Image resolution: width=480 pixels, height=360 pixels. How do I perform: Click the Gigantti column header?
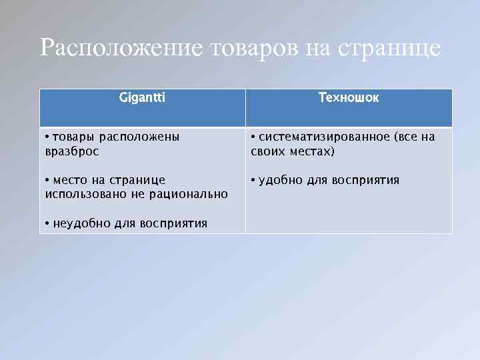(142, 98)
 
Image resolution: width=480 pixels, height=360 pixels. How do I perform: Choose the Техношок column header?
(349, 98)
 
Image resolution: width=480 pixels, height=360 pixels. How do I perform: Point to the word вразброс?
(71, 151)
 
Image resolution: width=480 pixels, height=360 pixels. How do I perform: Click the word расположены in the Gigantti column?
(139, 137)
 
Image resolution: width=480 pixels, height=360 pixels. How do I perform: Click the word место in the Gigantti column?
(70, 180)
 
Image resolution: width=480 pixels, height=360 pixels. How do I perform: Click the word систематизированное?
(325, 137)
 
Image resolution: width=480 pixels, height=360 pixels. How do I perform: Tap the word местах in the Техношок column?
(312, 151)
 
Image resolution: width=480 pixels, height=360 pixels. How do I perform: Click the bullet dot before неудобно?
(47, 223)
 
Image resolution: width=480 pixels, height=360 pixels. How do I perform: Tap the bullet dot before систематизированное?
(253, 137)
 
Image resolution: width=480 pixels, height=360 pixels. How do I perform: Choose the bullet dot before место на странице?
(47, 180)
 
